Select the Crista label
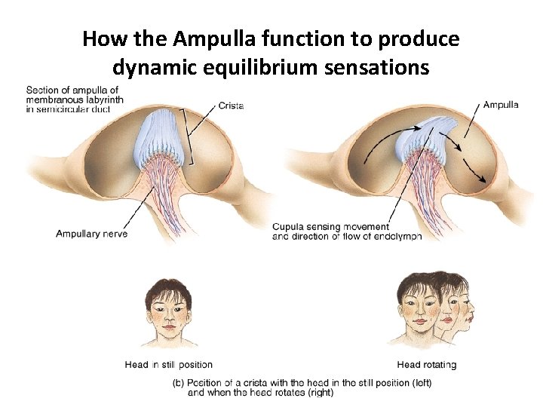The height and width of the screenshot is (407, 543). click(x=231, y=106)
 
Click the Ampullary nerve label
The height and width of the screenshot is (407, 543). click(x=91, y=234)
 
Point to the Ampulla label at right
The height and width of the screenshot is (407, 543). click(x=500, y=105)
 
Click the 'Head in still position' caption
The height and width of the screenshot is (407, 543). click(x=168, y=365)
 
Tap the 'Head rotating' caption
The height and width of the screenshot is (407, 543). click(x=426, y=365)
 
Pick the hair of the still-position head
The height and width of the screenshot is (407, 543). click(x=167, y=289)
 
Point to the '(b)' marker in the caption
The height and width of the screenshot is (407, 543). click(x=179, y=382)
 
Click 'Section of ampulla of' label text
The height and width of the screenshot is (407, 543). click(x=72, y=90)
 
